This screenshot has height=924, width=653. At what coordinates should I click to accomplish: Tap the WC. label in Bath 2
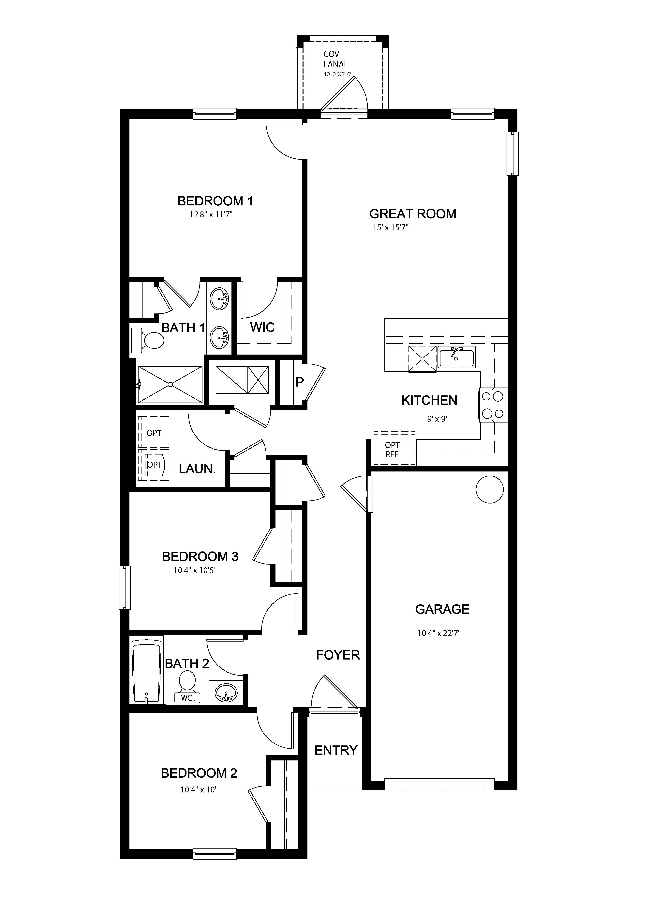188,698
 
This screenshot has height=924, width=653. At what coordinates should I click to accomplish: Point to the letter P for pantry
300,382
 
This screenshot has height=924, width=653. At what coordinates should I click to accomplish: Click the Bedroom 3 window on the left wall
125,588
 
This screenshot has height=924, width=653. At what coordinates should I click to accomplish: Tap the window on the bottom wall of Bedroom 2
215,854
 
